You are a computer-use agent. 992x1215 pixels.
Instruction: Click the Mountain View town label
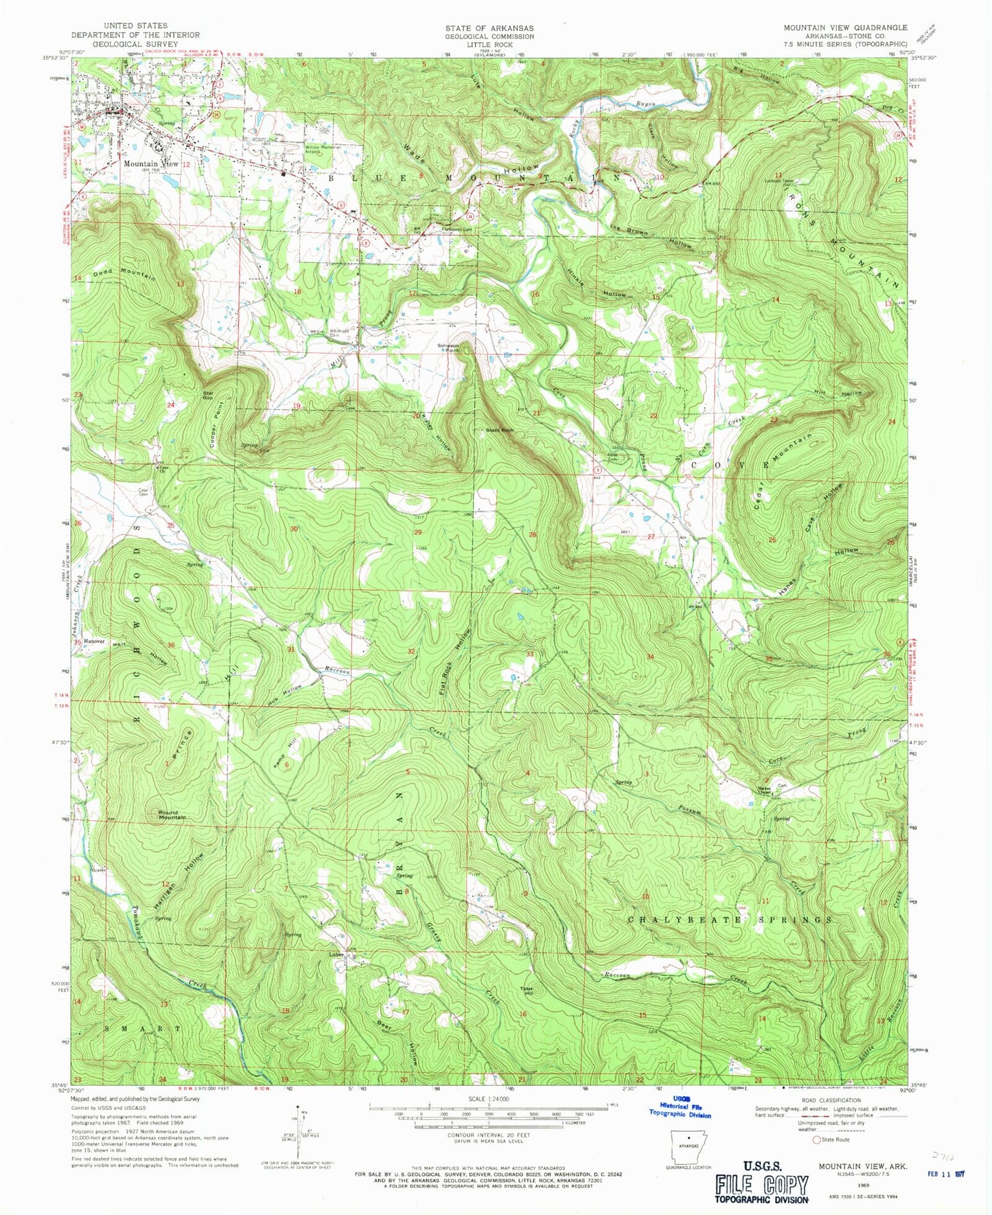(x=151, y=164)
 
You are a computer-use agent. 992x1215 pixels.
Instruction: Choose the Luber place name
(x=336, y=953)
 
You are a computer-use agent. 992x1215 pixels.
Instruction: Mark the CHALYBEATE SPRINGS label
(x=730, y=919)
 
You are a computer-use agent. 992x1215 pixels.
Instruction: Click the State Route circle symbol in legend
(x=816, y=1139)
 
